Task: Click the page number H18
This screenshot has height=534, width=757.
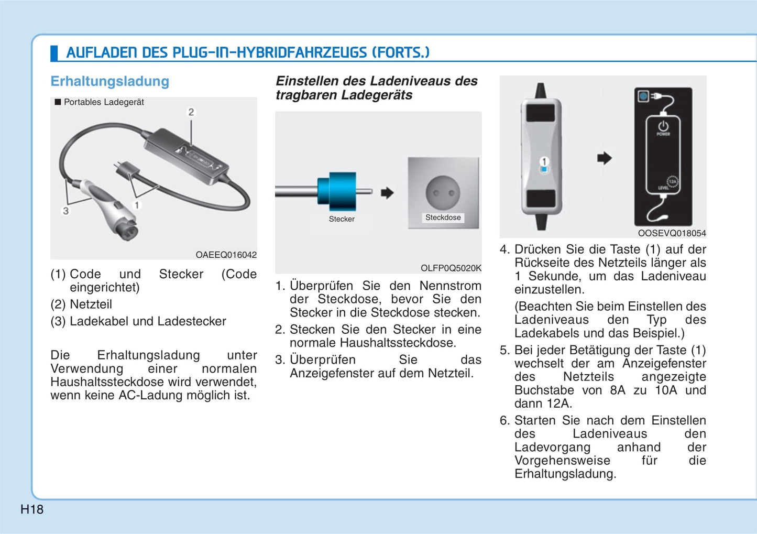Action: pos(32,509)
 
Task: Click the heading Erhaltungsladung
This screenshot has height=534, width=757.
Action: pos(109,81)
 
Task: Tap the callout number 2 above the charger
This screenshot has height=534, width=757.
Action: pos(191,112)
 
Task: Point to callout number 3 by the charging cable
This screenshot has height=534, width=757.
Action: pos(65,211)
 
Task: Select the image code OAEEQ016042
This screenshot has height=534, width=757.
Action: pos(226,255)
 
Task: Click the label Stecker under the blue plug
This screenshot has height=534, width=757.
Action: pos(342,219)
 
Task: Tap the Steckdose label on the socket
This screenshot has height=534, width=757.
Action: pos(443,217)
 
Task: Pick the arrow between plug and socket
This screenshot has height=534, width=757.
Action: pos(387,193)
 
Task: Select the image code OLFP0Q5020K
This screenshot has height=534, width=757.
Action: pos(451,268)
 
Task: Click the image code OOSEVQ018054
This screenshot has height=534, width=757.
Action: pos(672,233)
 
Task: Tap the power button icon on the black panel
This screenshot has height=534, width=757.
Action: pos(663,126)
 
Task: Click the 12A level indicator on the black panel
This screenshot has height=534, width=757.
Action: pos(672,182)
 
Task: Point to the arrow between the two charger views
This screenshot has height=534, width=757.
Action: pos(604,158)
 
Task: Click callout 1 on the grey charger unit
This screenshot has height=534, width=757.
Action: pos(544,162)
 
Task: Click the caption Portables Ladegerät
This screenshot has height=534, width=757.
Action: pos(104,102)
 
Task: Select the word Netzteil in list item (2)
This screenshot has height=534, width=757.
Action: pos(91,304)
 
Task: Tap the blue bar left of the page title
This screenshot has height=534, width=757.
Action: pos(53,53)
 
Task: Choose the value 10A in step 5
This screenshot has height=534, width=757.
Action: pos(665,390)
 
